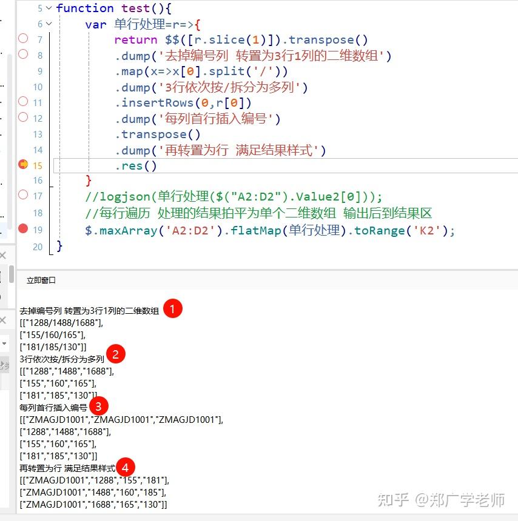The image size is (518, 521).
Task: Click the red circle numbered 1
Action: click(173, 308)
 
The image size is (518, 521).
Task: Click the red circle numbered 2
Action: click(115, 354)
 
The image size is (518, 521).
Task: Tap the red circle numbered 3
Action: click(99, 405)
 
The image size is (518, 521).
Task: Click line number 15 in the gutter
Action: click(38, 165)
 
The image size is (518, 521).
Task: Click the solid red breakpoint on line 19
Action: click(23, 229)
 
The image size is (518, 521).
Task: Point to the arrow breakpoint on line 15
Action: click(23, 165)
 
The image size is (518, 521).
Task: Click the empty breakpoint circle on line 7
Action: click(23, 39)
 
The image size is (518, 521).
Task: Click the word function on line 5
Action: click(85, 8)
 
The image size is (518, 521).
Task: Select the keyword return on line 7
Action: click(136, 40)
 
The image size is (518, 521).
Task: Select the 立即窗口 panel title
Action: click(41, 280)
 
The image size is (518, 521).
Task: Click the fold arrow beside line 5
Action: click(49, 8)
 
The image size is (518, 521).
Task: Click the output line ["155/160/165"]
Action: click(52, 334)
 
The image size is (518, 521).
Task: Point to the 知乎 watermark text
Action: click(393, 500)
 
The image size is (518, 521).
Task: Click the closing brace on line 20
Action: click(59, 246)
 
